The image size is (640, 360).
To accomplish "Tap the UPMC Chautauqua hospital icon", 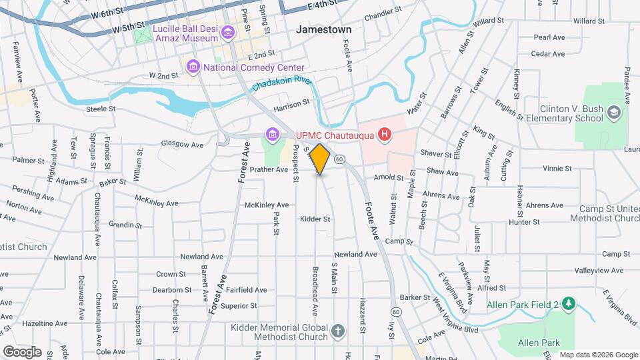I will [384, 135].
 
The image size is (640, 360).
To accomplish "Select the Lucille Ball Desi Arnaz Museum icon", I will [228, 32].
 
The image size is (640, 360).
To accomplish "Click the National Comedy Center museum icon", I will [194, 67].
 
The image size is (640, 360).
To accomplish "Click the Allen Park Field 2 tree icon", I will [567, 305].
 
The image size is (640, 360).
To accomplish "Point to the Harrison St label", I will [292, 103].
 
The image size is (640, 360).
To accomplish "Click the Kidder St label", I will [315, 219].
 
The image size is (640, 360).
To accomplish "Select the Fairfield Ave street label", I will [246, 290].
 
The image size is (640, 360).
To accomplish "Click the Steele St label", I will [101, 109].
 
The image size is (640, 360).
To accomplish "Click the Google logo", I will [21, 351].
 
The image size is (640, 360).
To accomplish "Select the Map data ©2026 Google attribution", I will [598, 355].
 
